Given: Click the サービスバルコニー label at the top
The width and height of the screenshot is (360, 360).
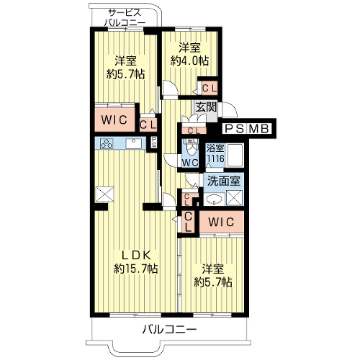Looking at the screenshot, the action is (125, 17).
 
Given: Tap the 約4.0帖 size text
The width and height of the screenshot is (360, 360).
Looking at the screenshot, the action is (189, 61).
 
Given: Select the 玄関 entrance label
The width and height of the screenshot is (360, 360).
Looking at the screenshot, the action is (206, 107).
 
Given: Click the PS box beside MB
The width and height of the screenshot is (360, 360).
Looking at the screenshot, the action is (234, 129).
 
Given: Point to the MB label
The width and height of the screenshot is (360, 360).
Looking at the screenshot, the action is (258, 129).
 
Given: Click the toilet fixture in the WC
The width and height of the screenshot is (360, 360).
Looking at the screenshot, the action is (191, 148).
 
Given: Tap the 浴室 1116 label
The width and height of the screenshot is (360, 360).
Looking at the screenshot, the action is (215, 153).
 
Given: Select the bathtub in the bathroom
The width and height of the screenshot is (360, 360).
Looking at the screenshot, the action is (235, 156).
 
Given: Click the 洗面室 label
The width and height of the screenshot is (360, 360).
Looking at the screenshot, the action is (224, 181).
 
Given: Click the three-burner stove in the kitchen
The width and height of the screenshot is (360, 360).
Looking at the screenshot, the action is (107, 143).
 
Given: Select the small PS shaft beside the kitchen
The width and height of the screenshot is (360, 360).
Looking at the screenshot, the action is (153, 143).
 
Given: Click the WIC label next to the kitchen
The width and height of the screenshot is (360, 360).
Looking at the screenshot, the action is (114, 120).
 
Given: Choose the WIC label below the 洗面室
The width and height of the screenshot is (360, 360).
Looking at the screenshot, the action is (221, 222).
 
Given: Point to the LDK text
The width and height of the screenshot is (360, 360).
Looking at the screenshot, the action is (136, 256).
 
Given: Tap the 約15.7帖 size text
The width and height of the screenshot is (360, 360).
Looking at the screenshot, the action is (136, 269).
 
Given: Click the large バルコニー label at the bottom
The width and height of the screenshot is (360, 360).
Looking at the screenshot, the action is (169, 330).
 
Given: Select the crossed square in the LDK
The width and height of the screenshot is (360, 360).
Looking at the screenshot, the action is (104, 194).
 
